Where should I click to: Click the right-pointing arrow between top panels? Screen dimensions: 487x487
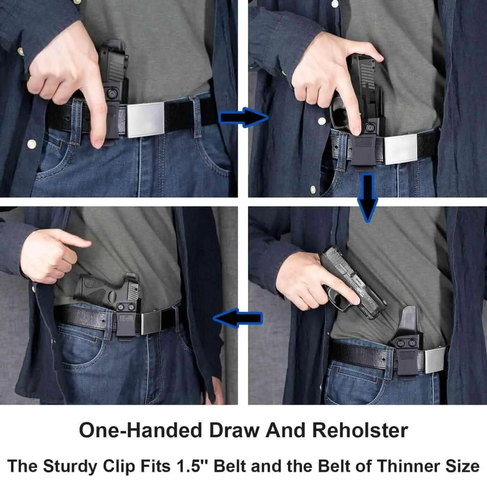click(x=243, y=117)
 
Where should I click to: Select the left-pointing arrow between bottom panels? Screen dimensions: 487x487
click(x=238, y=318)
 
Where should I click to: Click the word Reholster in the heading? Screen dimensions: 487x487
click(x=360, y=430)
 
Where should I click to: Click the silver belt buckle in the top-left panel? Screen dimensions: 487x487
click(x=145, y=119)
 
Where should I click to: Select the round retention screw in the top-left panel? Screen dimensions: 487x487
click(x=112, y=94)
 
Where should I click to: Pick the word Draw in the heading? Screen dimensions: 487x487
click(x=234, y=430)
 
